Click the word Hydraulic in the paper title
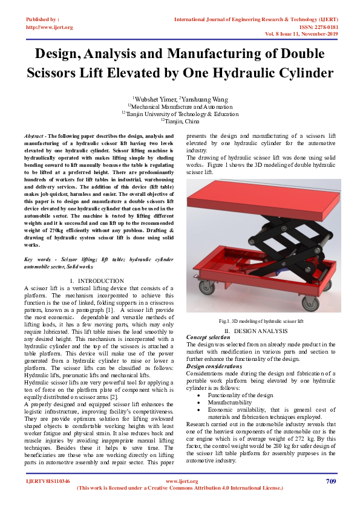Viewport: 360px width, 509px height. pyautogui.click(x=249, y=73)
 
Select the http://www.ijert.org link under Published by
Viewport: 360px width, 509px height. pyautogui.click(x=49, y=27)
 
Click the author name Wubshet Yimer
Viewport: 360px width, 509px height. pyautogui.click(x=154, y=99)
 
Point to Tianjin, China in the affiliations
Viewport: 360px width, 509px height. pyautogui.click(x=180, y=120)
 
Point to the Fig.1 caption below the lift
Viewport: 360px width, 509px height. pyautogui.click(x=260, y=320)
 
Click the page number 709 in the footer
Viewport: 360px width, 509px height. pyautogui.click(x=330, y=481)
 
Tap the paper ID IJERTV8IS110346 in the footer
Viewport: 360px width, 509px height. pyautogui.click(x=47, y=482)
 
